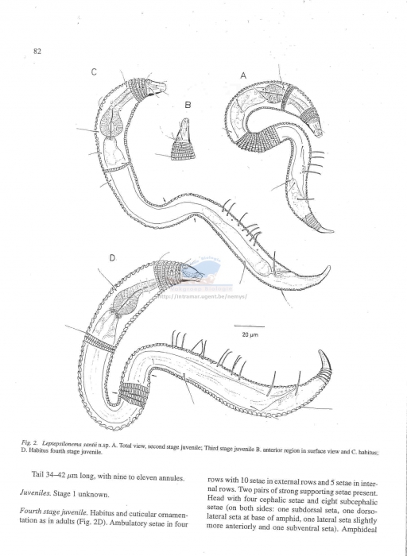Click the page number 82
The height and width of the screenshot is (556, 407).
37,52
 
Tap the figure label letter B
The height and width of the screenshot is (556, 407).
188,104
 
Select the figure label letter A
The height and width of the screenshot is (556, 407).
244,75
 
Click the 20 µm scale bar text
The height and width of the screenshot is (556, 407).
248,336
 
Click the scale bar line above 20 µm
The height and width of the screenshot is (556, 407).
249,326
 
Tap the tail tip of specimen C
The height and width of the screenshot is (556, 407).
329,268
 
